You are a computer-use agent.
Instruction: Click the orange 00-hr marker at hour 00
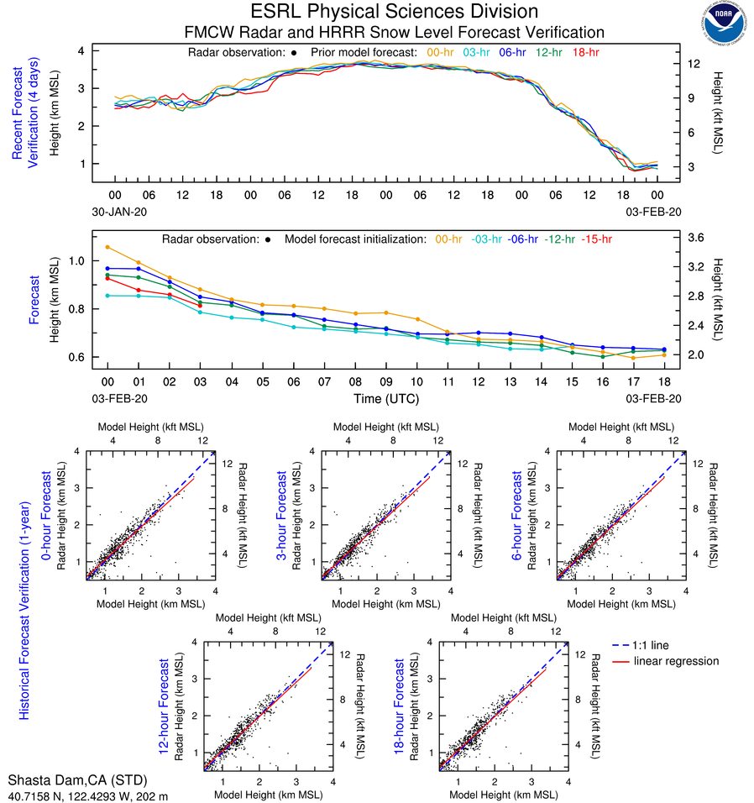tap(107, 247)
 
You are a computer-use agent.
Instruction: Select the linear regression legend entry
tap(676, 661)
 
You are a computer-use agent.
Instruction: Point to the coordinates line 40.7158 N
tap(87, 795)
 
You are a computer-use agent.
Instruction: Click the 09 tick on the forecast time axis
tap(385, 381)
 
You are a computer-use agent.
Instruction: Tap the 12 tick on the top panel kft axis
tap(694, 64)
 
